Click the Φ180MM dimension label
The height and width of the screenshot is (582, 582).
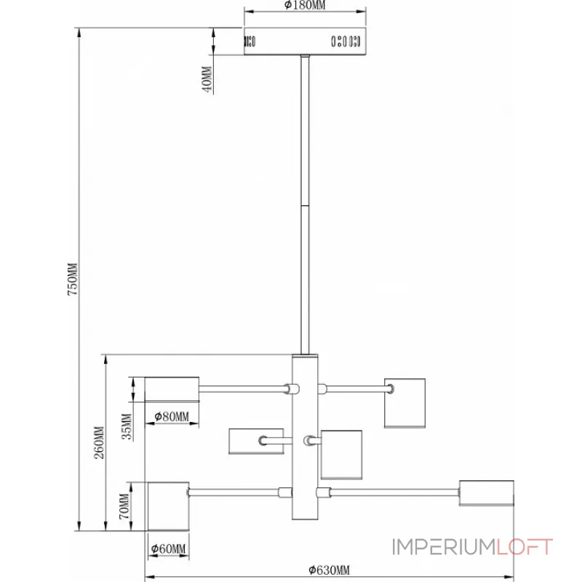click(305, 5)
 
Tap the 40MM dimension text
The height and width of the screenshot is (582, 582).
click(207, 79)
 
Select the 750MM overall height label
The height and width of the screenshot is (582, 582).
click(72, 279)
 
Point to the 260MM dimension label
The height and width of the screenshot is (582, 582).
click(99, 443)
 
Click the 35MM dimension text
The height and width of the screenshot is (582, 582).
click(127, 426)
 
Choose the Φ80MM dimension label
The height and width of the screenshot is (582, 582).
click(172, 417)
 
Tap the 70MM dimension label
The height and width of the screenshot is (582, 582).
click(124, 506)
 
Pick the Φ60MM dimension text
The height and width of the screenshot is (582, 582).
click(169, 549)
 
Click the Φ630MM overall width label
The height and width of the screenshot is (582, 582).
click(330, 570)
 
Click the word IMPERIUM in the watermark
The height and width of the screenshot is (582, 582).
click(444, 547)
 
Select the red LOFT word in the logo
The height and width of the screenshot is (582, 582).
click(525, 547)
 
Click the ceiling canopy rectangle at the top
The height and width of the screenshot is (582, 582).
click(305, 41)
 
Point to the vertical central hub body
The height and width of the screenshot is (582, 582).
click(305, 437)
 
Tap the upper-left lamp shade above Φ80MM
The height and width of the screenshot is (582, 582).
click(172, 389)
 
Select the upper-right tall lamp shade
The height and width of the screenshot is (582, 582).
click(404, 403)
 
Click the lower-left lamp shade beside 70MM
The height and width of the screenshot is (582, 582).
click(169, 506)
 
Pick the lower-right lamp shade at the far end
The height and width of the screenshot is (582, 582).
click(486, 493)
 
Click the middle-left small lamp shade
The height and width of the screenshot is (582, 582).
click(256, 442)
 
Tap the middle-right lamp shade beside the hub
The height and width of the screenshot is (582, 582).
click(341, 455)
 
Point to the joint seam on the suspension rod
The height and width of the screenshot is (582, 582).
click(305, 206)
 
